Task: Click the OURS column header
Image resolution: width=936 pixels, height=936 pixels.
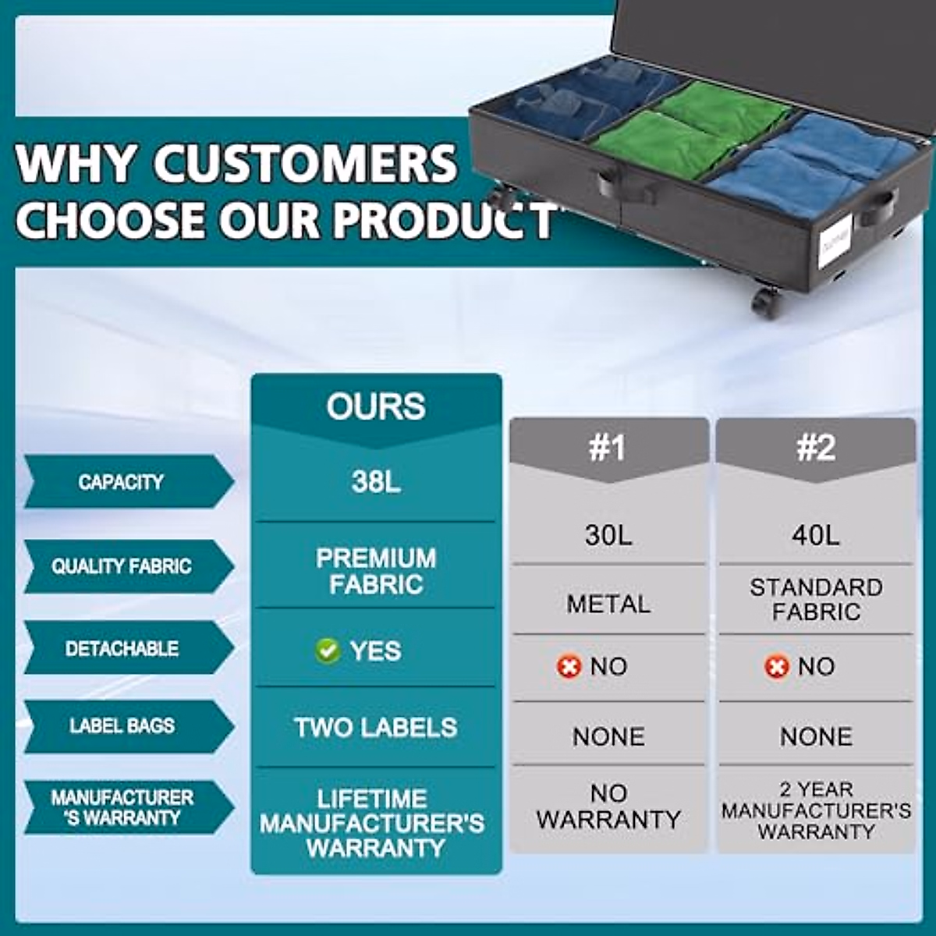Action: [376, 406]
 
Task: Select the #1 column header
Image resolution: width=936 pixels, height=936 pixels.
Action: [608, 448]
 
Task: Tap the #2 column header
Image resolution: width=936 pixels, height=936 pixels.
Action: [816, 448]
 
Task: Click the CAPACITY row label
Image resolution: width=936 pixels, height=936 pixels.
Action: [121, 482]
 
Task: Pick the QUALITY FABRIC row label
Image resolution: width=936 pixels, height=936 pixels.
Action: [122, 566]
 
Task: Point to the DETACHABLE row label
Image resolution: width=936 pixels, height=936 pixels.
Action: [122, 648]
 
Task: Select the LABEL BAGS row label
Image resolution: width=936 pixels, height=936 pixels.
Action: [122, 725]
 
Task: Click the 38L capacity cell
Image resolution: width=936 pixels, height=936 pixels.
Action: [376, 483]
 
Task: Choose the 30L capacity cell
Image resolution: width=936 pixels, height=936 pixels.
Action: [608, 535]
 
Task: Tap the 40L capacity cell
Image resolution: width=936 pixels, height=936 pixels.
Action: [816, 535]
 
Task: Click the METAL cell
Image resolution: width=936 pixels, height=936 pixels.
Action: [608, 604]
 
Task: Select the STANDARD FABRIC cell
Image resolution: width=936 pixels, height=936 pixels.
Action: [816, 599]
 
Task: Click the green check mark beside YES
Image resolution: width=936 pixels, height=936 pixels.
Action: [328, 651]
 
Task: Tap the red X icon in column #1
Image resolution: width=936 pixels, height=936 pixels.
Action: [569, 666]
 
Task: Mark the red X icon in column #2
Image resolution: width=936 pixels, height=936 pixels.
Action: [776, 666]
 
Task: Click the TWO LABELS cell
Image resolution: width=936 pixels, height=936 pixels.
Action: [376, 728]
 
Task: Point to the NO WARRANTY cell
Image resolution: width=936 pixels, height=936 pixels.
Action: [608, 807]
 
